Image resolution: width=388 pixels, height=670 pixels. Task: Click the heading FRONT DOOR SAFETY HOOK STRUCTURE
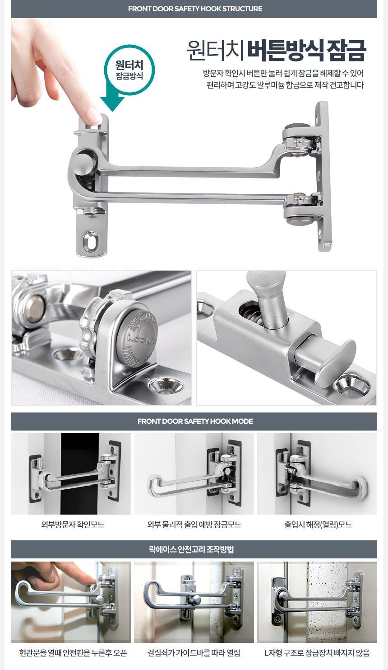tap(195, 9)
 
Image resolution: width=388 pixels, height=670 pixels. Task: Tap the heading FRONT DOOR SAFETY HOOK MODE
tap(195, 421)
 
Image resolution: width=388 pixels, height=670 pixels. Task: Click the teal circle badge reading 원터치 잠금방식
tap(129, 70)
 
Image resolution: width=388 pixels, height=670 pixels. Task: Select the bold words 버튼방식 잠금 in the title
tap(306, 51)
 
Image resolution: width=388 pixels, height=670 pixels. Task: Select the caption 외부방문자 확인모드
tap(73, 525)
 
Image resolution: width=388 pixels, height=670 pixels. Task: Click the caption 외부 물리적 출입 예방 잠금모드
tap(194, 525)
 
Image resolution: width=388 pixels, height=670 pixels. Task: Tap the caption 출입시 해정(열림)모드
tap(318, 525)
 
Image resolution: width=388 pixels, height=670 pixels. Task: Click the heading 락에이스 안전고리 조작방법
tap(191, 549)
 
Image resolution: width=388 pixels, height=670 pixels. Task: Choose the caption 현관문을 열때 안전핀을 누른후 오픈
tap(73, 653)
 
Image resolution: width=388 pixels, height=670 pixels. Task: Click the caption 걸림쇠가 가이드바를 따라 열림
tap(194, 653)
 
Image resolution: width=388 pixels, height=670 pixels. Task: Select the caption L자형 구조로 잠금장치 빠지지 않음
tap(317, 653)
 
